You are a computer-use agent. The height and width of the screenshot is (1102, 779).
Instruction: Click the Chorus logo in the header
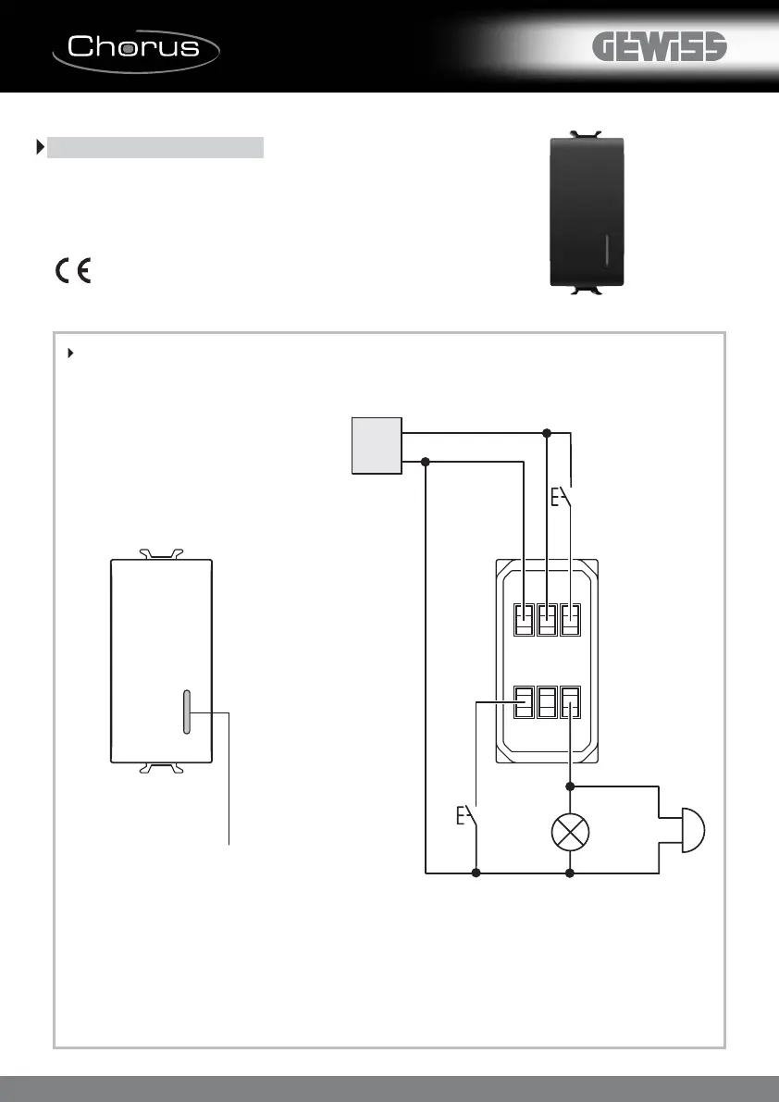click(136, 46)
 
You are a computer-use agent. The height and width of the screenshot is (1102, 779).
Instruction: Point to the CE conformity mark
click(72, 271)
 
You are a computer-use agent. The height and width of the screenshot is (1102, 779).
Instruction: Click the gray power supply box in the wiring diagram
click(377, 445)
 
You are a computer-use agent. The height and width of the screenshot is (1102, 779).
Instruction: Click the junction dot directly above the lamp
click(570, 786)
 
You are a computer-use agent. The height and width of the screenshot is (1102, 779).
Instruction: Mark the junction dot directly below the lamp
click(570, 872)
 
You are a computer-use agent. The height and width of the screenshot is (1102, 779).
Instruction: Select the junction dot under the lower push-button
click(476, 872)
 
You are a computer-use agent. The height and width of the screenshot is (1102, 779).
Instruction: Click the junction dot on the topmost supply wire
click(547, 432)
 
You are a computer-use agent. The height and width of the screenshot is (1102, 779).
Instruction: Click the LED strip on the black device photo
click(607, 250)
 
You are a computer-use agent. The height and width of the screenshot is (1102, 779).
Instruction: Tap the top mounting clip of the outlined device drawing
click(161, 554)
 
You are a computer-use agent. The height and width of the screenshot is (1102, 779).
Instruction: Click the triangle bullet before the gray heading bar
click(40, 147)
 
